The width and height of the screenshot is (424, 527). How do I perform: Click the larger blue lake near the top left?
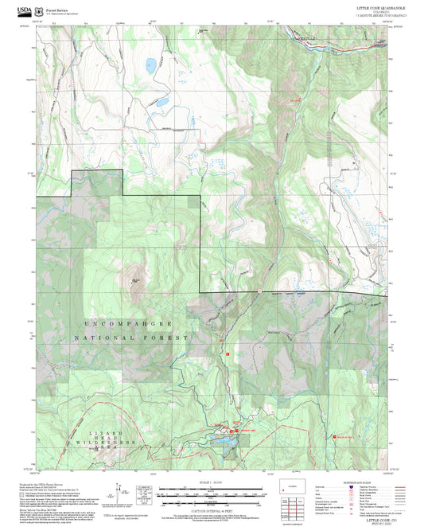(x=150, y=65)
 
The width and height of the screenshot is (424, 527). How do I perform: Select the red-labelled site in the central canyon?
(x=298, y=100)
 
